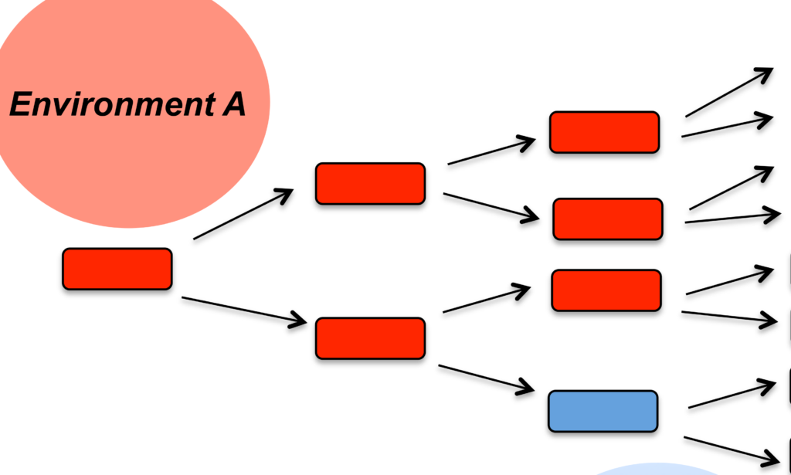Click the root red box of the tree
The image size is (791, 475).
coord(117,269)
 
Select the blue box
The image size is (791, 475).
coord(603,411)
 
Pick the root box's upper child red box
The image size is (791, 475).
coord(370,184)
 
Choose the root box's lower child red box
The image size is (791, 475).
coord(370,338)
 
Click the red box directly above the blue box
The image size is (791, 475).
coord(606,290)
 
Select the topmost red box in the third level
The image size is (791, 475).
coord(604,132)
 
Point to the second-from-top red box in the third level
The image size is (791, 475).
coord(607,219)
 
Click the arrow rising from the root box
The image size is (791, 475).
coord(243,214)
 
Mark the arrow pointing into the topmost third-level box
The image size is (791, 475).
coord(491,151)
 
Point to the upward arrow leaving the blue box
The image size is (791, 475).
coord(732,394)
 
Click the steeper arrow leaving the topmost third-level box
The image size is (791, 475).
coord(729,92)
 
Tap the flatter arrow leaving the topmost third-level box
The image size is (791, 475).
coord(727,127)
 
